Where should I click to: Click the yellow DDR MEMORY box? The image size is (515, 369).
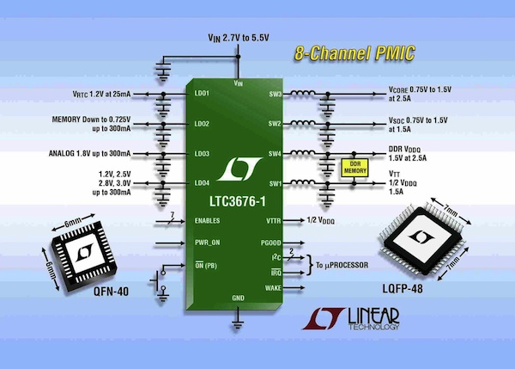click(351, 169)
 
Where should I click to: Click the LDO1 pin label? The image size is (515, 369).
click(203, 93)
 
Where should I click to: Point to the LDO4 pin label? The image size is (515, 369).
click(203, 183)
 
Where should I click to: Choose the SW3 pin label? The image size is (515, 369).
click(276, 93)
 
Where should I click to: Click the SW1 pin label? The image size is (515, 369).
click(276, 183)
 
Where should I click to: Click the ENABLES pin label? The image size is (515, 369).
click(209, 221)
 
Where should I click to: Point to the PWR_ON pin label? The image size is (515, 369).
click(209, 243)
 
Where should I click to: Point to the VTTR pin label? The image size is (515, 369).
click(274, 221)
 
